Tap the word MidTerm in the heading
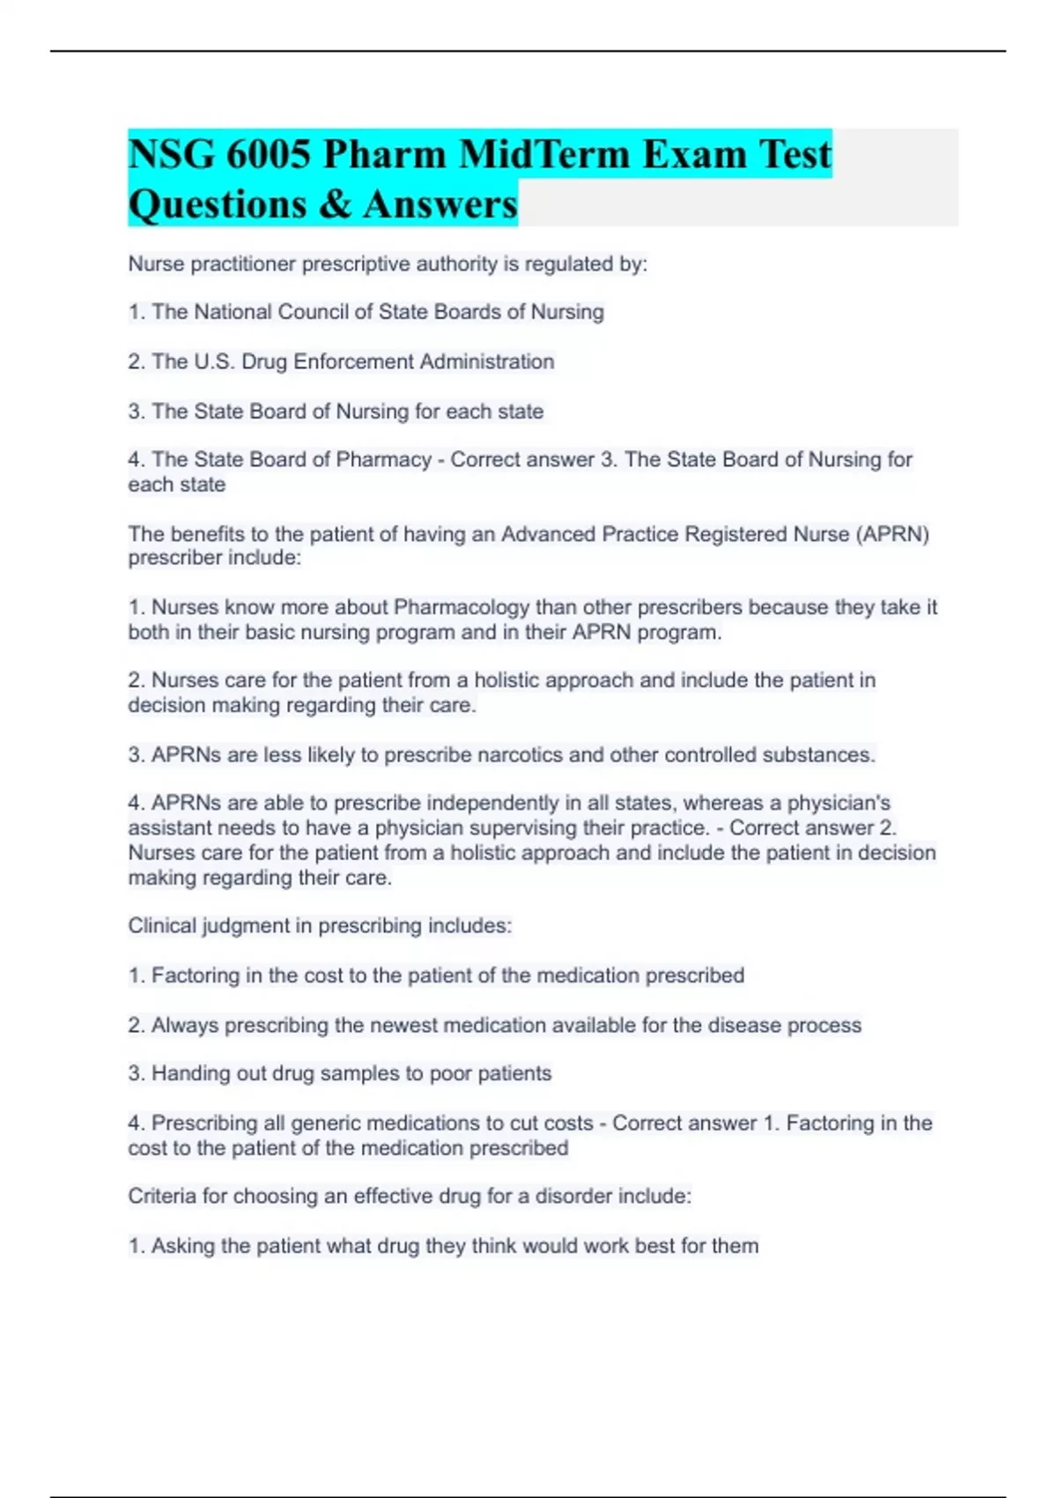(x=543, y=154)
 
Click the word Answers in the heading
(x=440, y=204)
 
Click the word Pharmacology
(x=462, y=608)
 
